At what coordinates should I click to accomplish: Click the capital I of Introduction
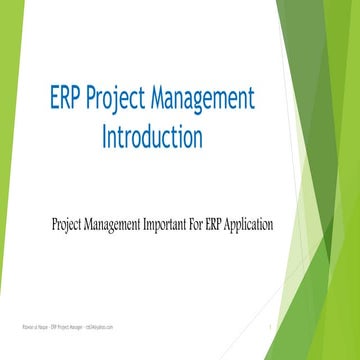pyautogui.click(x=105, y=135)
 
